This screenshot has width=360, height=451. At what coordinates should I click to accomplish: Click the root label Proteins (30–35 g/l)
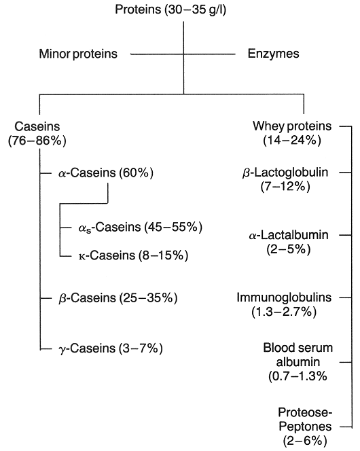pyautogui.click(x=170, y=10)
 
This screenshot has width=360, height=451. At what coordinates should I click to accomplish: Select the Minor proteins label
pyautogui.click(x=78, y=54)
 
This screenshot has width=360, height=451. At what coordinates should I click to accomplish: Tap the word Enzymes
pyautogui.click(x=274, y=54)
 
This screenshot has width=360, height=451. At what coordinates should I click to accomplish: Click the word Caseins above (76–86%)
pyautogui.click(x=37, y=126)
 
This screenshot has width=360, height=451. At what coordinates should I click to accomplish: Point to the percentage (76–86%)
pyautogui.click(x=37, y=141)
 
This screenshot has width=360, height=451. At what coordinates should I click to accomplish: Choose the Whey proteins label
pyautogui.click(x=292, y=126)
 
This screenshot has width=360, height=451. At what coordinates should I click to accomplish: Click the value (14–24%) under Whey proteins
pyautogui.click(x=292, y=141)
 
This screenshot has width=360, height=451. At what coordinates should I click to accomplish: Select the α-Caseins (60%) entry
pyautogui.click(x=106, y=173)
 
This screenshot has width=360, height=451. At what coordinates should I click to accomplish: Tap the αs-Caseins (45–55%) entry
pyautogui.click(x=141, y=228)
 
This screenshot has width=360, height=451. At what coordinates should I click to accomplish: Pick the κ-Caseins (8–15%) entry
pyautogui.click(x=133, y=255)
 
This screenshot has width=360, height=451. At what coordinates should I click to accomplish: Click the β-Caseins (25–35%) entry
pyautogui.click(x=118, y=297)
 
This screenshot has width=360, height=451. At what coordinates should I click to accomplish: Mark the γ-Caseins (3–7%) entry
pyautogui.click(x=111, y=348)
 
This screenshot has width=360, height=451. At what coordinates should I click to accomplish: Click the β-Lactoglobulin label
pyautogui.click(x=285, y=173)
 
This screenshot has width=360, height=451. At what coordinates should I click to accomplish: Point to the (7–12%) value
pyautogui.click(x=285, y=187)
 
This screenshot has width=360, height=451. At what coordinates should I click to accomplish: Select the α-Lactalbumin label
pyautogui.click(x=289, y=235)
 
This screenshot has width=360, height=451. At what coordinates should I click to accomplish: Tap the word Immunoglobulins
pyautogui.click(x=284, y=297)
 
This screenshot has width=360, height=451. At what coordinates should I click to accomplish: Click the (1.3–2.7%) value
pyautogui.click(x=284, y=312)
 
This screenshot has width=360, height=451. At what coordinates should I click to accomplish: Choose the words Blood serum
pyautogui.click(x=298, y=348)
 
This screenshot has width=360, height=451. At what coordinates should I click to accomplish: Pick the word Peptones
pyautogui.click(x=305, y=427)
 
